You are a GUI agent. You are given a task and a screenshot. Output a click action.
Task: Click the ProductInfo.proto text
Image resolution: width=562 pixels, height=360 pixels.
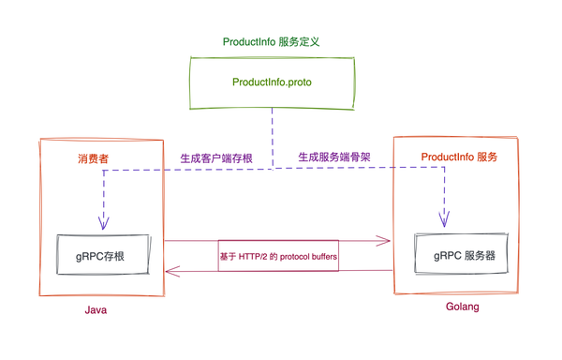(x=272, y=82)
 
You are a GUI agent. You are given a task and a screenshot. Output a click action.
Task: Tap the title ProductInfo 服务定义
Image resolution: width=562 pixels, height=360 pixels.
(x=271, y=42)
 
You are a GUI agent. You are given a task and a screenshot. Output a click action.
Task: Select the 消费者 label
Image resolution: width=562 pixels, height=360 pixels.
(x=93, y=158)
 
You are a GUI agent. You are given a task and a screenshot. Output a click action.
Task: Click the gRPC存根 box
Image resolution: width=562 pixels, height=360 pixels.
(x=102, y=255)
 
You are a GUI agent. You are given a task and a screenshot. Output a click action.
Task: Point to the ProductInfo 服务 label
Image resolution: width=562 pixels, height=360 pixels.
(x=459, y=157)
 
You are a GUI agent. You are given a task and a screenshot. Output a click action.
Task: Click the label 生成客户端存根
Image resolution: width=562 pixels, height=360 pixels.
(x=215, y=158)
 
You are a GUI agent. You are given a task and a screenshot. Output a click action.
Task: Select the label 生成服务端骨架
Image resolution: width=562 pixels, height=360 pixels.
(x=334, y=157)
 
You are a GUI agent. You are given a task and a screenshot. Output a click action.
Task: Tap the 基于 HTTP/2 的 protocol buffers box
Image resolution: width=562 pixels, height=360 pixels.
(x=278, y=255)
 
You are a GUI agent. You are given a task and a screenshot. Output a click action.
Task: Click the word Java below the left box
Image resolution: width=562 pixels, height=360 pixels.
(x=96, y=309)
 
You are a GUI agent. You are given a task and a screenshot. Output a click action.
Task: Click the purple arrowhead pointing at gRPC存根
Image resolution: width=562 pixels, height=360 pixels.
(x=104, y=225)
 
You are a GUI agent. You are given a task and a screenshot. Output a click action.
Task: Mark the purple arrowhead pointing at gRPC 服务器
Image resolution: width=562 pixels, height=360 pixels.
(x=444, y=222)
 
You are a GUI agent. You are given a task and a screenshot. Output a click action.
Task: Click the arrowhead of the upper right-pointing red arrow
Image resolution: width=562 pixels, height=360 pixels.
(x=386, y=241)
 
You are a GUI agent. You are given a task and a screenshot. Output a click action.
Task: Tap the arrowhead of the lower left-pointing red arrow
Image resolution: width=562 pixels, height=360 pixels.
(x=170, y=272)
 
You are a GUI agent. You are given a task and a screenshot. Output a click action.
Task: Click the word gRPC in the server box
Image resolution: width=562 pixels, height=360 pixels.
(x=447, y=255)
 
